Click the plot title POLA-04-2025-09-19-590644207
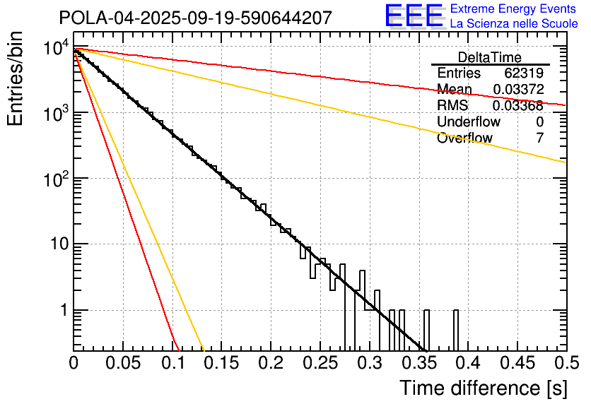[x=194, y=18]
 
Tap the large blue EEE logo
[x=414, y=16]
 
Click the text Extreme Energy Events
[x=514, y=9]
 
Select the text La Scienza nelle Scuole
[x=514, y=24]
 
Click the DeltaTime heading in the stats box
[x=490, y=57]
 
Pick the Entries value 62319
[x=524, y=73]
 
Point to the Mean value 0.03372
[x=518, y=90]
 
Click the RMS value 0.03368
[x=518, y=106]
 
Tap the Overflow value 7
[x=540, y=138]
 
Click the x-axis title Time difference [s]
[x=482, y=388]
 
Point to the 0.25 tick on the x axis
[x=320, y=363]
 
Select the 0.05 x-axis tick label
[x=123, y=363]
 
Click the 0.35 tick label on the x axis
[x=419, y=363]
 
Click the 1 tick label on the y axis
[x=62, y=310]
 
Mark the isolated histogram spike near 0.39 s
[x=456, y=329]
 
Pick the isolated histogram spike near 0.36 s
[x=426, y=329]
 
